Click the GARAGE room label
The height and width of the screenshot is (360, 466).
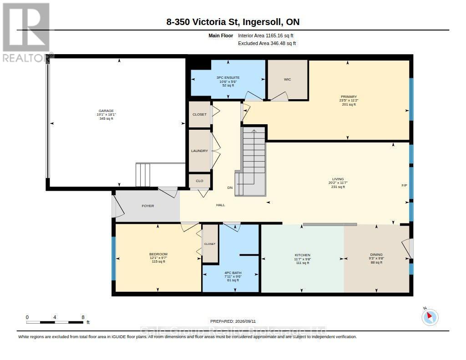106,111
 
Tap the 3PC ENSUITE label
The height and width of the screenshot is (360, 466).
228,77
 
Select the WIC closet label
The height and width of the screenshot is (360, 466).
288,79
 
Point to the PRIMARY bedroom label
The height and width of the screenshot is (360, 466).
349,96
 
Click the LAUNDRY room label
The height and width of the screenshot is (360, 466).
199,151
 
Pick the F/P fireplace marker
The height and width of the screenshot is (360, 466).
404,185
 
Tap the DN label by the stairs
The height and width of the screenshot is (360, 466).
230,188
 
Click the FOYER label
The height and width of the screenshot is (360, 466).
148,206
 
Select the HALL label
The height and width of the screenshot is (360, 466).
221,205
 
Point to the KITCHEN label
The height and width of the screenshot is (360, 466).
303,255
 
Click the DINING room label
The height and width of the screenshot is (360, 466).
376,254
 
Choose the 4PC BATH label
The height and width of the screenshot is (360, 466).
233,273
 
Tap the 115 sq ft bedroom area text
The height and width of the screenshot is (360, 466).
158,262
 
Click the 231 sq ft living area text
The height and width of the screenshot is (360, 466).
338,187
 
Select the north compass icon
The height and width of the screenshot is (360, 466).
430,317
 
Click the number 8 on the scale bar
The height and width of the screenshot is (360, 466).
83,317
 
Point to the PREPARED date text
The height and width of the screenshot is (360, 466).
233,321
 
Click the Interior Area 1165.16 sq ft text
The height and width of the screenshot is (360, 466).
266,35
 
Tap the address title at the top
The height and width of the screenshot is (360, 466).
233,22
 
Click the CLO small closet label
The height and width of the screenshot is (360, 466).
199,181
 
